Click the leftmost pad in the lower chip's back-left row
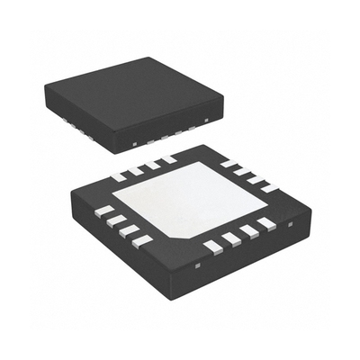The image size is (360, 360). [x=118, y=176]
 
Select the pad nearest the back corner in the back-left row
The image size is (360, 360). [x=166, y=160]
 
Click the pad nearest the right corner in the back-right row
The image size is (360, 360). [x=265, y=186]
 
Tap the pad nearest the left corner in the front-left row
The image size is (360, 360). [x=104, y=211]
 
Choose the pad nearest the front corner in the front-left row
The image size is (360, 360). [x=142, y=240]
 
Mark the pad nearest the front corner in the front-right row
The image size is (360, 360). [x=212, y=246]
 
